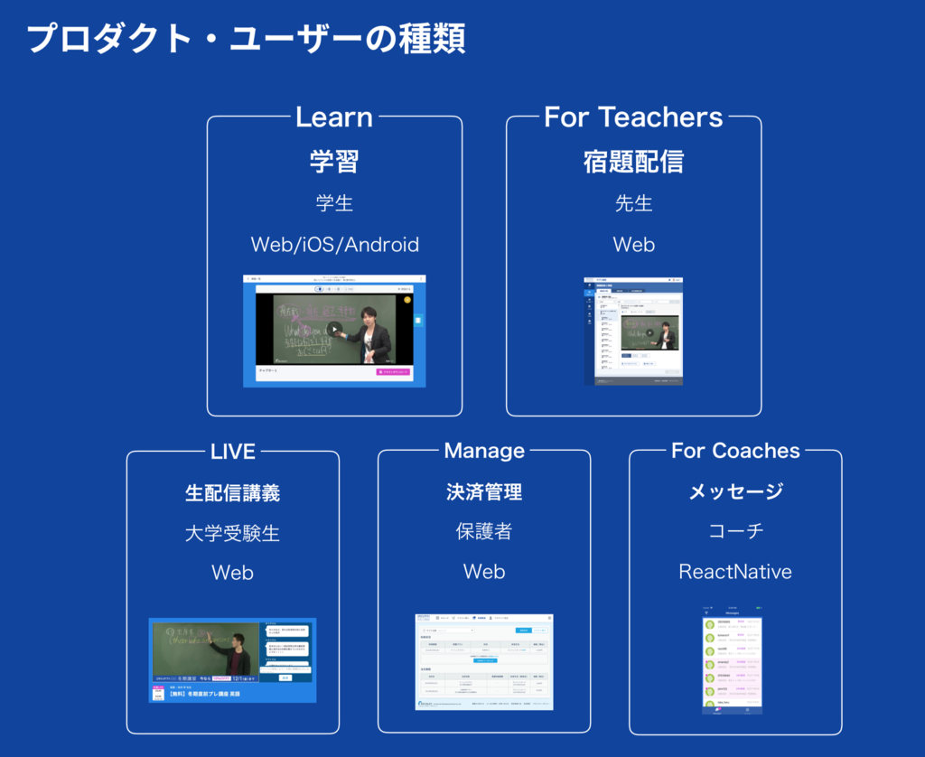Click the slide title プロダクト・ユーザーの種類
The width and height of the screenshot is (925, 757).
[246, 38]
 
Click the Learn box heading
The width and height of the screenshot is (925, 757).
[334, 117]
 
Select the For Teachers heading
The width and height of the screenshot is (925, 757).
[633, 117]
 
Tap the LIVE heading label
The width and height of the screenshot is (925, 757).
[233, 451]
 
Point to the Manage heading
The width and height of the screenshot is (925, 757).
[484, 451]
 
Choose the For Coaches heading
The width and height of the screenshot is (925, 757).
[735, 451]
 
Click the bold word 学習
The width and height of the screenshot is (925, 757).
[334, 162]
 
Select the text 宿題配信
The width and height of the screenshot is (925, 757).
[633, 162]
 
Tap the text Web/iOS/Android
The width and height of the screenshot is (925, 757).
[334, 245]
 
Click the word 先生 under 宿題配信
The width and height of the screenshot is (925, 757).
[633, 203]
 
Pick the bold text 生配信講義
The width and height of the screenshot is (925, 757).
[233, 492]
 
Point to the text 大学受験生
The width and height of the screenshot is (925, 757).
[233, 533]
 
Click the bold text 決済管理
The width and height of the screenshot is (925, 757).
[484, 492]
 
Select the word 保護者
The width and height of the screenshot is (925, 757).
[484, 531]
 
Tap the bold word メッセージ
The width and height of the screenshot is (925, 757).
[735, 491]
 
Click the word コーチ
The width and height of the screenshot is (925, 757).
[735, 531]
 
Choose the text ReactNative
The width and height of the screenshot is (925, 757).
[735, 572]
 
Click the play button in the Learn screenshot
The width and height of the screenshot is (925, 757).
[333, 330]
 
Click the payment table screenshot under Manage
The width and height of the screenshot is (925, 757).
[484, 661]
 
